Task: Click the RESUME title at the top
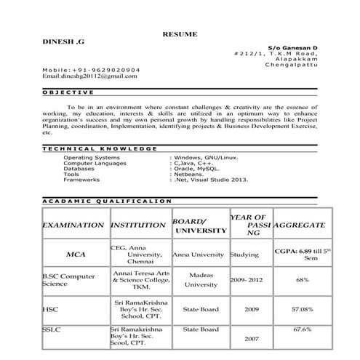coord(180,34)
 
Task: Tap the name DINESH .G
coord(64,45)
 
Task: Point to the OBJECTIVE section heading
coord(68,92)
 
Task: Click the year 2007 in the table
coord(252,339)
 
